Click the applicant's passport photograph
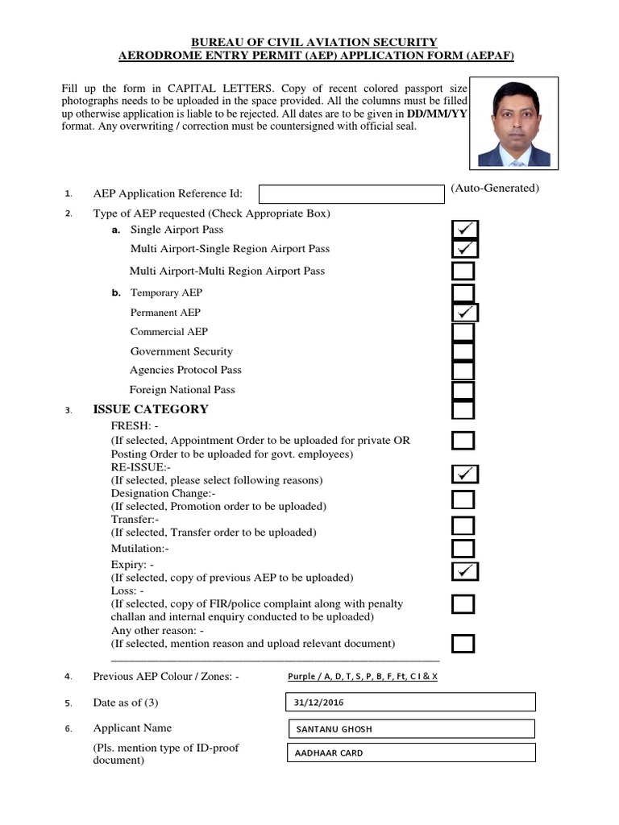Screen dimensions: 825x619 point(514,122)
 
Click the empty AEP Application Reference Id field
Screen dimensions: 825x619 point(351,194)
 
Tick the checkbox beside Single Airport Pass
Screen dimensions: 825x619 point(465,230)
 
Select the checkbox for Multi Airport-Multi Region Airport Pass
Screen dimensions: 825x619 point(463,272)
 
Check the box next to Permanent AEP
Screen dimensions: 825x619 point(465,312)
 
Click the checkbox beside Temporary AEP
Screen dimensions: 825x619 point(463,292)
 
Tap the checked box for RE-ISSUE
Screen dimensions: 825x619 point(465,473)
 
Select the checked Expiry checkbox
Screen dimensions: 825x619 point(465,571)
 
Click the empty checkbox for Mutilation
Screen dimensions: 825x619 point(463,549)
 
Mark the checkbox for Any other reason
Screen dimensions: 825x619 point(463,644)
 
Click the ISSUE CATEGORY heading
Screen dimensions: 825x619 point(151,409)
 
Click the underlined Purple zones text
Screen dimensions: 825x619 point(363,677)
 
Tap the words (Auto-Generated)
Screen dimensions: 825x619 point(495,189)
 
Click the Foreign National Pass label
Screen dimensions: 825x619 point(182,390)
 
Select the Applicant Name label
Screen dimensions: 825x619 point(132,728)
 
